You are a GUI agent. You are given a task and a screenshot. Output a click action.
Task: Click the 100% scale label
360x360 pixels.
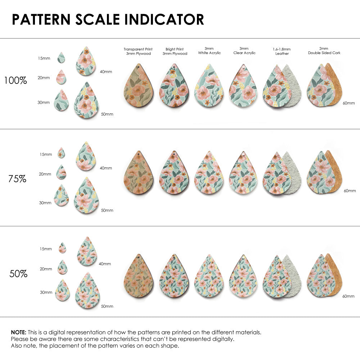15,80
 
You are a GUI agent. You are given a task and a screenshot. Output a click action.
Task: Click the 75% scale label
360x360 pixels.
17,179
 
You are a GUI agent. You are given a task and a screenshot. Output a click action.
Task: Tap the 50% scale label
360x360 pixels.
18,274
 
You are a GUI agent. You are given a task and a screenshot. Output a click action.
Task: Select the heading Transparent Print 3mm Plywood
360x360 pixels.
138,51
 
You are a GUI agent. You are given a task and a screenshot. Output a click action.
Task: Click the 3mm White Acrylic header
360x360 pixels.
209,51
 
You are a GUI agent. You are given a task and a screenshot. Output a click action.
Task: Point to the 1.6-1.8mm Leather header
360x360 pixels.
282,51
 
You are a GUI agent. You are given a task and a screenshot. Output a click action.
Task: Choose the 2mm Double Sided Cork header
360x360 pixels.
324,51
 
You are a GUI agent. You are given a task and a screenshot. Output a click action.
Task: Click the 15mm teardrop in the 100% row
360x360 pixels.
62,58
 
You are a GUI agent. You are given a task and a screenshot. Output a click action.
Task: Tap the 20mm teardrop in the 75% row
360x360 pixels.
61,172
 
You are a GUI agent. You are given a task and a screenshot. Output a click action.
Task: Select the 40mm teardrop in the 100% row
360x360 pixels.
86,61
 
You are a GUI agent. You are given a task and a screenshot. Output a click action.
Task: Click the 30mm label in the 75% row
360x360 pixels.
45,203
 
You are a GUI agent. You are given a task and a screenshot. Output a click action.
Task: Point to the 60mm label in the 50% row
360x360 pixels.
349,296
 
